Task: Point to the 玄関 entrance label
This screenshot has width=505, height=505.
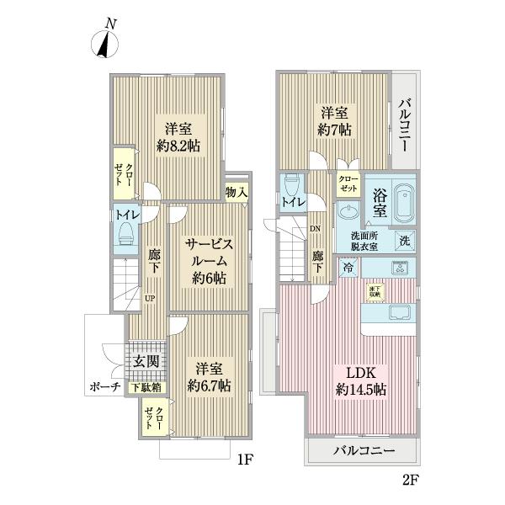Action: pos(144,362)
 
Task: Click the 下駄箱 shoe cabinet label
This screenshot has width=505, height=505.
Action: pos(146,388)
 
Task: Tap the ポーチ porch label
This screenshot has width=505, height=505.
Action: pos(104,388)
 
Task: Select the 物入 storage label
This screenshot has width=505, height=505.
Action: pos(237,192)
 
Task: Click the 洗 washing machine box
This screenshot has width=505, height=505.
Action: pos(405,242)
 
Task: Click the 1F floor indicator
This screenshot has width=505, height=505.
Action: pos(244,460)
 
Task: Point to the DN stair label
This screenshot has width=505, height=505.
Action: pos(315,228)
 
